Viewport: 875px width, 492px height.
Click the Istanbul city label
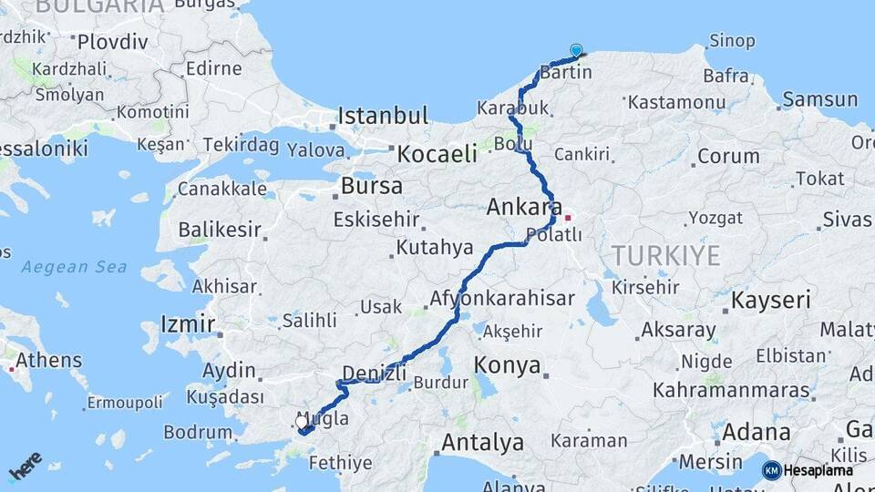pos(383,116)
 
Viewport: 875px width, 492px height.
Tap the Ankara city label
pos(523,208)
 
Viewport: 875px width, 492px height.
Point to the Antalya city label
pos(482,443)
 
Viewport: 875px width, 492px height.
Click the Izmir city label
pos(187,323)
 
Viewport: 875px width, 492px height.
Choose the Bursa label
pos(371,187)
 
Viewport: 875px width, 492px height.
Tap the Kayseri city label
pos(771,300)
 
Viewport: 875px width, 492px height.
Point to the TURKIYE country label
pos(665,255)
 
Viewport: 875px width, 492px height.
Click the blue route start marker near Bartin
pos(576,51)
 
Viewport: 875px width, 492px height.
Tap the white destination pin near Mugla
pos(303,422)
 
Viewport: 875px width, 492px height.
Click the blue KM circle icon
pos(771,470)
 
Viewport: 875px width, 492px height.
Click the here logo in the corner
pos(26,466)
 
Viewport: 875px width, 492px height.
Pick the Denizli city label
pos(374,372)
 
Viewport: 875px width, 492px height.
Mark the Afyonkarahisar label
pos(502,298)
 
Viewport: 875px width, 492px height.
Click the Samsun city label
pos(820,99)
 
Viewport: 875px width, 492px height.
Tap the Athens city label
pos(48,360)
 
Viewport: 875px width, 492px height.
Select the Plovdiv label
pos(112,41)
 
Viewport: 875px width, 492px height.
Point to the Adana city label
pos(756,431)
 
